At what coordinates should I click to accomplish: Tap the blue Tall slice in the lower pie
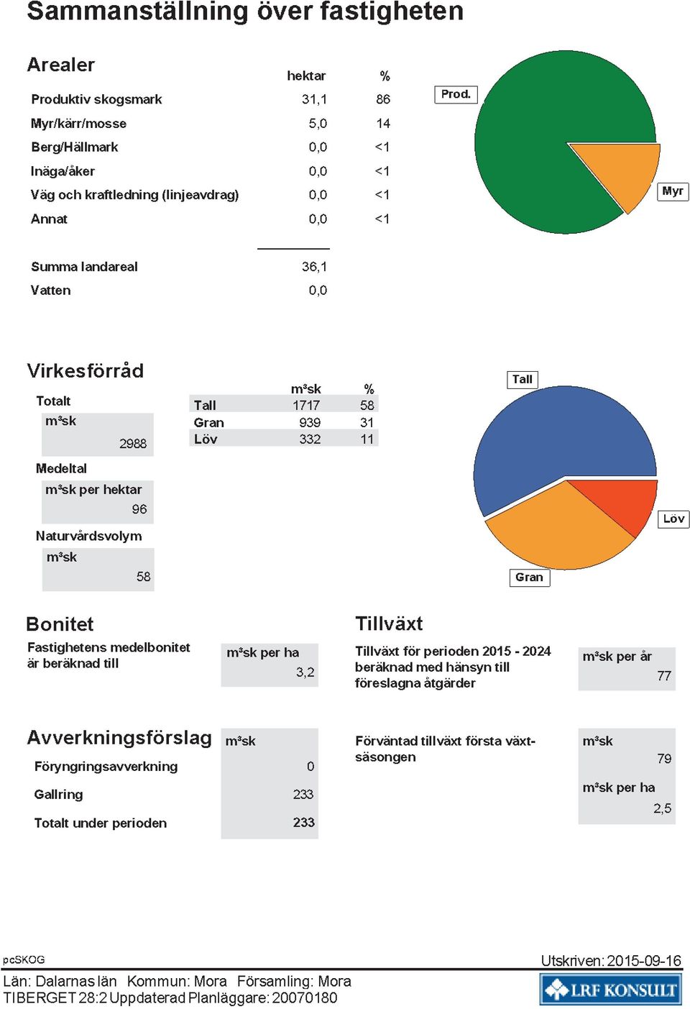point(553,442)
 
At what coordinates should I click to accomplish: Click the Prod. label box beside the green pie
point(456,94)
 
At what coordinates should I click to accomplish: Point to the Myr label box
point(673,191)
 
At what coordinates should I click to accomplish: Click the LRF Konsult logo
point(610,990)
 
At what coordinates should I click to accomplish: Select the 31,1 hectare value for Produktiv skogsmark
point(314,99)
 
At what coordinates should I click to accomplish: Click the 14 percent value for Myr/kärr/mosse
point(383,123)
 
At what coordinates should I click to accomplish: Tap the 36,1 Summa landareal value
point(314,267)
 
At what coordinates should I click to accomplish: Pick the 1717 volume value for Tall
point(306,405)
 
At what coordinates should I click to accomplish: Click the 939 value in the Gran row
point(310,422)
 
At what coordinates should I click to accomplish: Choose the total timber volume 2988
point(133,444)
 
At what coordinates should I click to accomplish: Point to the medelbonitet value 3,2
point(305,672)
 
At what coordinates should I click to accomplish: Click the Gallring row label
point(58,794)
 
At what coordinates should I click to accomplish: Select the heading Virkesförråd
point(86,370)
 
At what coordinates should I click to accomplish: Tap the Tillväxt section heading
point(389,624)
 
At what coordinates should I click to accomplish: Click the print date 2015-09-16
point(644,961)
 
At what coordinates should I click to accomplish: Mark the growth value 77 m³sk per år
point(664,676)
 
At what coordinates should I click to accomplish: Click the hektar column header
point(306,76)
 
